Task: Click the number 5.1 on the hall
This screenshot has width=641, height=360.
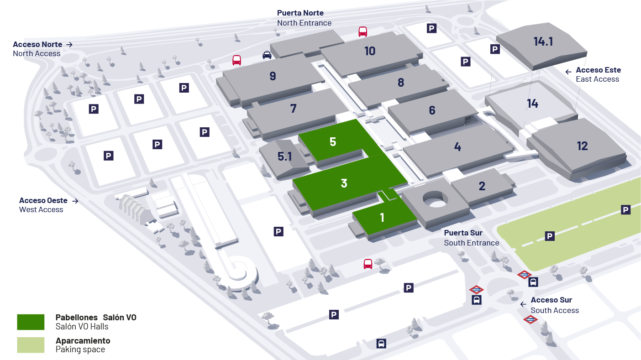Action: (284, 157)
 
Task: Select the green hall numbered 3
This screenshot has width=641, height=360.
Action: (344, 183)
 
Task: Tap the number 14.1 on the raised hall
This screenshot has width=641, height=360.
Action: (543, 42)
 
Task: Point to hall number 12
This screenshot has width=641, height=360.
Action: (582, 146)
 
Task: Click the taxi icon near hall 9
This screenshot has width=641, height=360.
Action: (267, 55)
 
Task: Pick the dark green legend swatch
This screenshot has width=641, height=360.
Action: (31, 322)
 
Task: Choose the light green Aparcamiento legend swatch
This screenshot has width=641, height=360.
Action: (31, 345)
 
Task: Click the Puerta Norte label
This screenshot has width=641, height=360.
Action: (300, 13)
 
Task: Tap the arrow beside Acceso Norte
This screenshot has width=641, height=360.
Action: (69, 44)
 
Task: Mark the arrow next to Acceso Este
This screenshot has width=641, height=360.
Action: (568, 72)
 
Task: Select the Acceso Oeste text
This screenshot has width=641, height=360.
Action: (43, 200)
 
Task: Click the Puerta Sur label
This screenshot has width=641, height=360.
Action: (463, 233)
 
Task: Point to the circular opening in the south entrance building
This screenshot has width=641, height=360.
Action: (436, 199)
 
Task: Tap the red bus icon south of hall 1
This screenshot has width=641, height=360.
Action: (368, 264)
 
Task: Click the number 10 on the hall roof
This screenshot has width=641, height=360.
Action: (370, 51)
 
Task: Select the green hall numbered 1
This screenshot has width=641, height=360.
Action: (382, 218)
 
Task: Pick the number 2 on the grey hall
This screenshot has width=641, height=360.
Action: (482, 186)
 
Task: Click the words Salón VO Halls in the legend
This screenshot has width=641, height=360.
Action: (82, 327)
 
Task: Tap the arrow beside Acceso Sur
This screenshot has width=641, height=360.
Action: (523, 304)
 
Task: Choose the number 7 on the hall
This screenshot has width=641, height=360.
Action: (293, 109)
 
